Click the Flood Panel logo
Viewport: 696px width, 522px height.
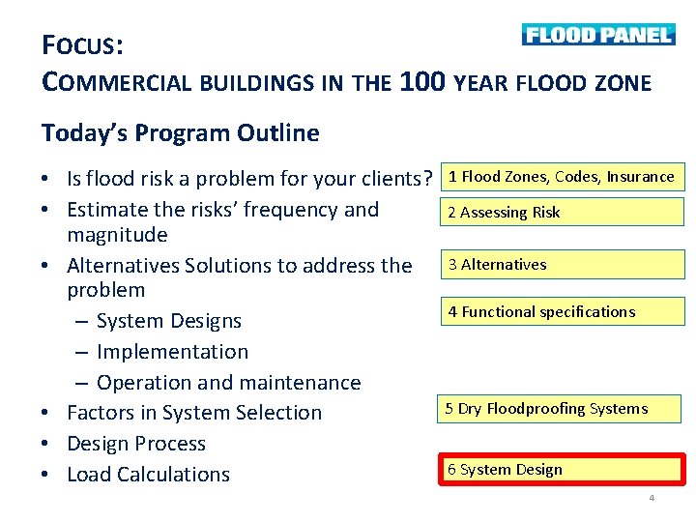point(597,35)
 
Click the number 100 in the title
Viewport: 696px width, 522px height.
point(421,81)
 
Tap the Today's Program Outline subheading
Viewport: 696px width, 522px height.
point(180,132)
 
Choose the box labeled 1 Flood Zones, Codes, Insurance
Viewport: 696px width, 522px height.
point(562,177)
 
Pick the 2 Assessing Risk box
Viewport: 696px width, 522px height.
point(562,213)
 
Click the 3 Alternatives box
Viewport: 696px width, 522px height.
point(562,265)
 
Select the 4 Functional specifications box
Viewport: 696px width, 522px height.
point(562,311)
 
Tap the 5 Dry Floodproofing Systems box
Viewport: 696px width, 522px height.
point(559,409)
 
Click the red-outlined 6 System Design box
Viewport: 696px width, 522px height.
point(562,470)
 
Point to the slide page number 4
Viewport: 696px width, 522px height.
point(652,498)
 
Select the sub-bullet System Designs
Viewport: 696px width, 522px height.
point(168,321)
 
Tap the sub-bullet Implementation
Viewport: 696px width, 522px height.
point(172,352)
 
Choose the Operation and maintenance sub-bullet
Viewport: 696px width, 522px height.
point(228,383)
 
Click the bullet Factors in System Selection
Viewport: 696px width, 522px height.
point(193,413)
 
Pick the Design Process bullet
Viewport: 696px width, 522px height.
point(135,444)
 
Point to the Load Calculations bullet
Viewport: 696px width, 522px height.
point(148,475)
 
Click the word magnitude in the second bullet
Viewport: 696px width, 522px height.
point(117,235)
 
